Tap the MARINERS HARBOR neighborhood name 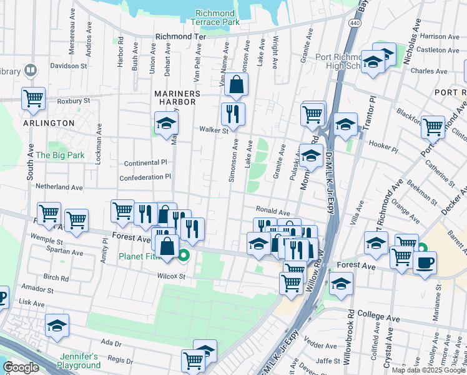(x=177, y=94)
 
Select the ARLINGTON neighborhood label (x=49, y=123)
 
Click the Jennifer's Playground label (x=78, y=360)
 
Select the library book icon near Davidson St (x=30, y=71)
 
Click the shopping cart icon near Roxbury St (x=33, y=98)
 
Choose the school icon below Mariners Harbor (x=167, y=124)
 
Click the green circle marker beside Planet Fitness (x=184, y=255)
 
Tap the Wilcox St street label (x=172, y=276)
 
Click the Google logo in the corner (x=21, y=367)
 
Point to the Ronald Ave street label (x=272, y=211)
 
